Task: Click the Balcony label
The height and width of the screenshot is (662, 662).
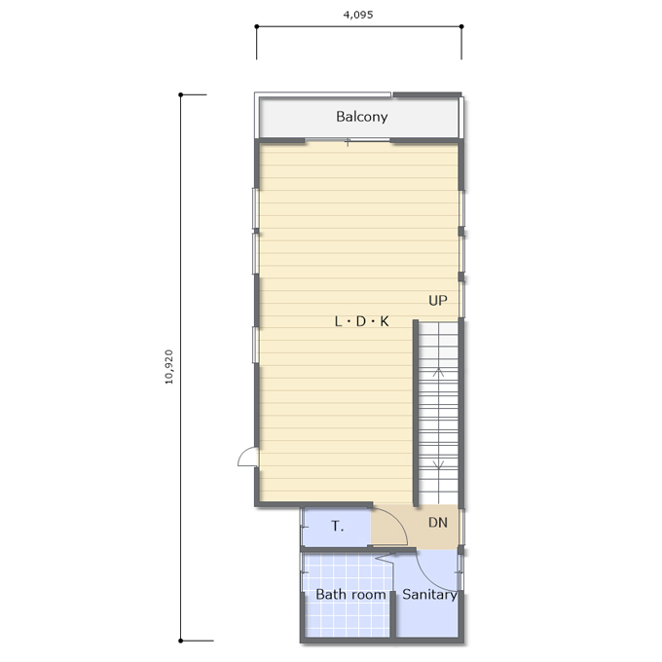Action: pyautogui.click(x=362, y=117)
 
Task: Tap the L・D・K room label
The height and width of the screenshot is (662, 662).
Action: pyautogui.click(x=362, y=321)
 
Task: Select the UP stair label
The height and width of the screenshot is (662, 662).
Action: pyautogui.click(x=438, y=301)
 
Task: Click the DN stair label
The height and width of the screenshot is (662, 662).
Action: pyautogui.click(x=438, y=523)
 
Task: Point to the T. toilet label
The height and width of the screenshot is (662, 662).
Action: pyautogui.click(x=338, y=526)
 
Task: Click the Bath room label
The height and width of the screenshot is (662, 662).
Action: pyautogui.click(x=350, y=595)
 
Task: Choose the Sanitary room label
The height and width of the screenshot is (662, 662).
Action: pyautogui.click(x=429, y=595)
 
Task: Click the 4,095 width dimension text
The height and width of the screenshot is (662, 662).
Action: pyautogui.click(x=358, y=15)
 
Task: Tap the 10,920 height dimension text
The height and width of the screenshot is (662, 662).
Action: pyautogui.click(x=168, y=367)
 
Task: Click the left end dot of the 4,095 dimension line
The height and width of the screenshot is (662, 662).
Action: pyautogui.click(x=257, y=26)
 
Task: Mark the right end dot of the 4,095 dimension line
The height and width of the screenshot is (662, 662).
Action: pyautogui.click(x=461, y=26)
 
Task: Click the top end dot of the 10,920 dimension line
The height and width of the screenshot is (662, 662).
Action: pyautogui.click(x=181, y=94)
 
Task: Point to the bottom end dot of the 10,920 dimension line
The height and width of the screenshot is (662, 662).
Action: pyautogui.click(x=181, y=641)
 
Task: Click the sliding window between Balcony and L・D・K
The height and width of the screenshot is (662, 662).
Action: pyautogui.click(x=348, y=140)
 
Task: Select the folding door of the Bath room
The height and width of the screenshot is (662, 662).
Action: pyautogui.click(x=385, y=557)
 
